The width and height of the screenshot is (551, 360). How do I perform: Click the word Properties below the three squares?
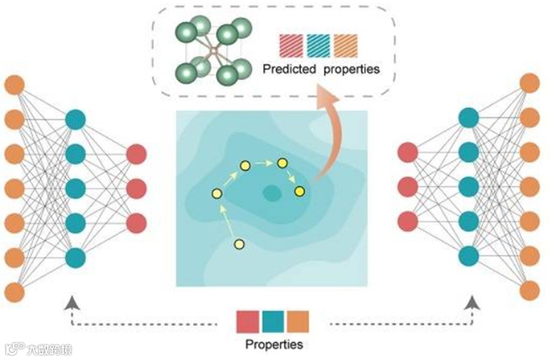(x=274, y=345)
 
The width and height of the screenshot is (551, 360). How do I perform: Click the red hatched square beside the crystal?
(x=290, y=45)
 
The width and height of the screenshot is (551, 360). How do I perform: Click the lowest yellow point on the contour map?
(x=240, y=244)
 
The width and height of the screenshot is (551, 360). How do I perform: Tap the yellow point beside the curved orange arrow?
(x=299, y=191)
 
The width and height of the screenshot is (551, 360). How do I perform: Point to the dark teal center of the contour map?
(x=273, y=192)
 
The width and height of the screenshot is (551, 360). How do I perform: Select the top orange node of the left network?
(x=14, y=84)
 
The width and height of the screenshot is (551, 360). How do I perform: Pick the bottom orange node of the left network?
(x=14, y=292)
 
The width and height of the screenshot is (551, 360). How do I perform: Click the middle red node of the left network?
(x=136, y=189)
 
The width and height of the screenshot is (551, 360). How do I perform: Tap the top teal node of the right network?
(x=468, y=117)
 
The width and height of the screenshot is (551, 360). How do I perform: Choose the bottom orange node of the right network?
(x=529, y=291)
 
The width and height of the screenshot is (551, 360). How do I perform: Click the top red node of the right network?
(x=407, y=153)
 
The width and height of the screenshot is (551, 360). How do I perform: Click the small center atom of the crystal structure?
(x=214, y=48)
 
